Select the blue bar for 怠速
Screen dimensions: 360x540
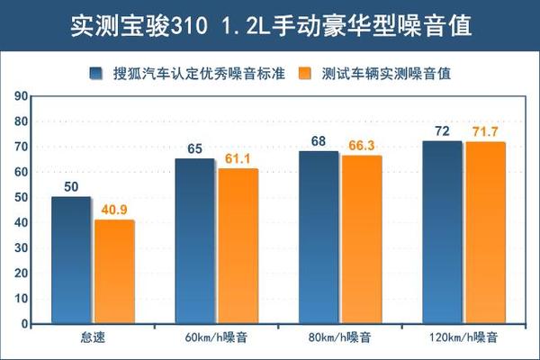coord(71,260)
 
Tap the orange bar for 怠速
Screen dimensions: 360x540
coord(113,272)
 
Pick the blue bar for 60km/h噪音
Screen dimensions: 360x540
coord(194,241)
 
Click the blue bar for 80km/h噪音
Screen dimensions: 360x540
coord(319,238)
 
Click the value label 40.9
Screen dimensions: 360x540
coord(114,209)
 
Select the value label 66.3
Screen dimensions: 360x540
coord(362,144)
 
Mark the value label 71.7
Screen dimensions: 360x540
coord(486,131)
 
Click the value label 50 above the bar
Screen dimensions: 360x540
coord(71,187)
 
